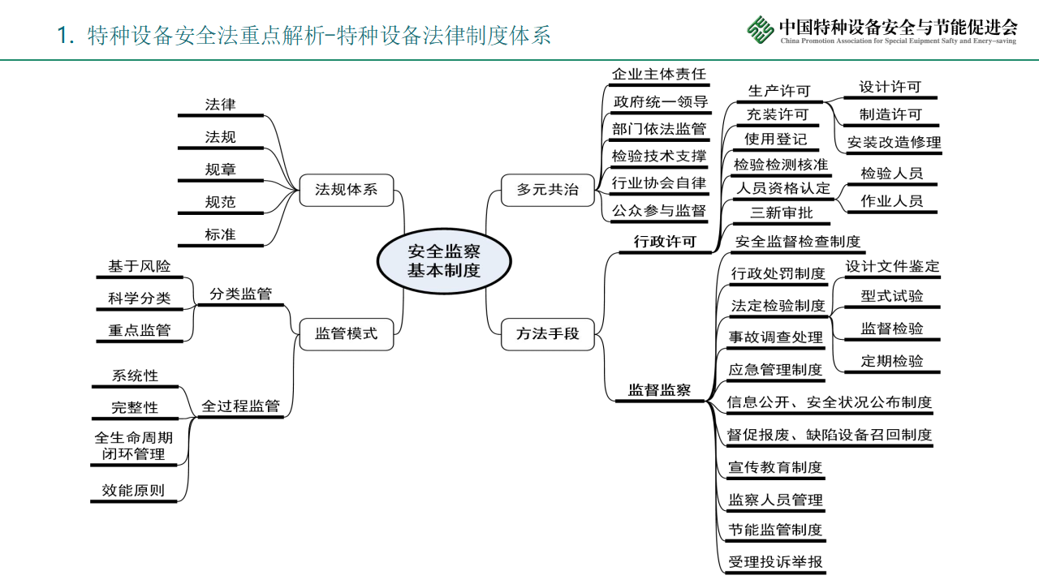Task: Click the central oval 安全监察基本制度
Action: coord(443,261)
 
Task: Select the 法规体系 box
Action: coord(346,191)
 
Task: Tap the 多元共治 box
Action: coord(548,190)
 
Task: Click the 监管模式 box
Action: coord(346,333)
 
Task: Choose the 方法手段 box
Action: coord(548,333)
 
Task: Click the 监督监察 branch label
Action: coord(659,390)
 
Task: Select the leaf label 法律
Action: coord(221,105)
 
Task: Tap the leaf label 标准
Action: coord(221,234)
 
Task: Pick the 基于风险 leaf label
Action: coord(140,266)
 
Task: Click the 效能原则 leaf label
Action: coord(133,490)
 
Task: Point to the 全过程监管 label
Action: coord(240,406)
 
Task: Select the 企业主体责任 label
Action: coord(658,75)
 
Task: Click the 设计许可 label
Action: coord(890,87)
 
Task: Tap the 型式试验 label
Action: coord(892,296)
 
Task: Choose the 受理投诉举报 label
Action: coord(775,562)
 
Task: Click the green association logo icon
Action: coord(761,31)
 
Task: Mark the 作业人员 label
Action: coord(892,201)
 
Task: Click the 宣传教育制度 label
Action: coord(775,467)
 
